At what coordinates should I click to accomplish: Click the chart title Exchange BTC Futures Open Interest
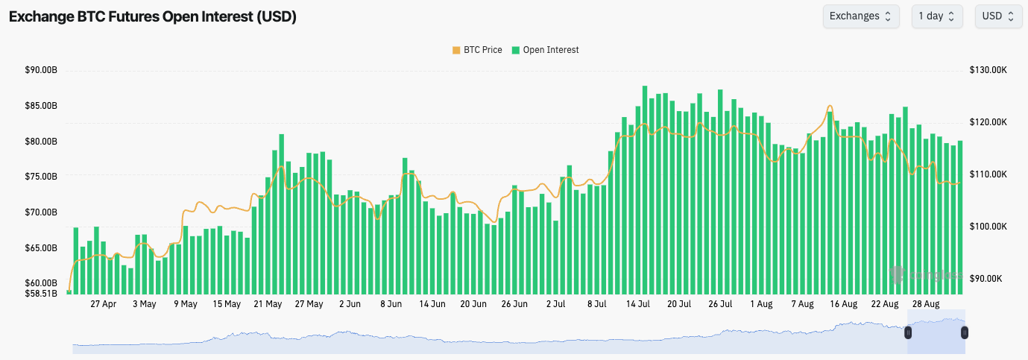tap(153, 16)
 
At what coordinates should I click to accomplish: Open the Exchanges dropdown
tap(861, 16)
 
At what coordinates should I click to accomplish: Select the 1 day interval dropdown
tap(937, 16)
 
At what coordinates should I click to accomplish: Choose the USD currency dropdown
tap(997, 16)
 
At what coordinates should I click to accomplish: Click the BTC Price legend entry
tap(476, 50)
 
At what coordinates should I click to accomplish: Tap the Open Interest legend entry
tap(545, 50)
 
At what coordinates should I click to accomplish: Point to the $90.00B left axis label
tap(41, 71)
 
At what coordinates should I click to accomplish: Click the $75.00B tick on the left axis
tap(41, 177)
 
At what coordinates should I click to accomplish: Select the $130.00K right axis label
tap(988, 70)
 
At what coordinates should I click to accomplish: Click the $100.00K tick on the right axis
tap(988, 227)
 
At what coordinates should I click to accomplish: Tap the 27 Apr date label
tap(103, 304)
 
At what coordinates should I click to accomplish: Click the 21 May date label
tap(268, 304)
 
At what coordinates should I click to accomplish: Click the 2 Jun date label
tap(350, 304)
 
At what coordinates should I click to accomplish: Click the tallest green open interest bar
tap(645, 190)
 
